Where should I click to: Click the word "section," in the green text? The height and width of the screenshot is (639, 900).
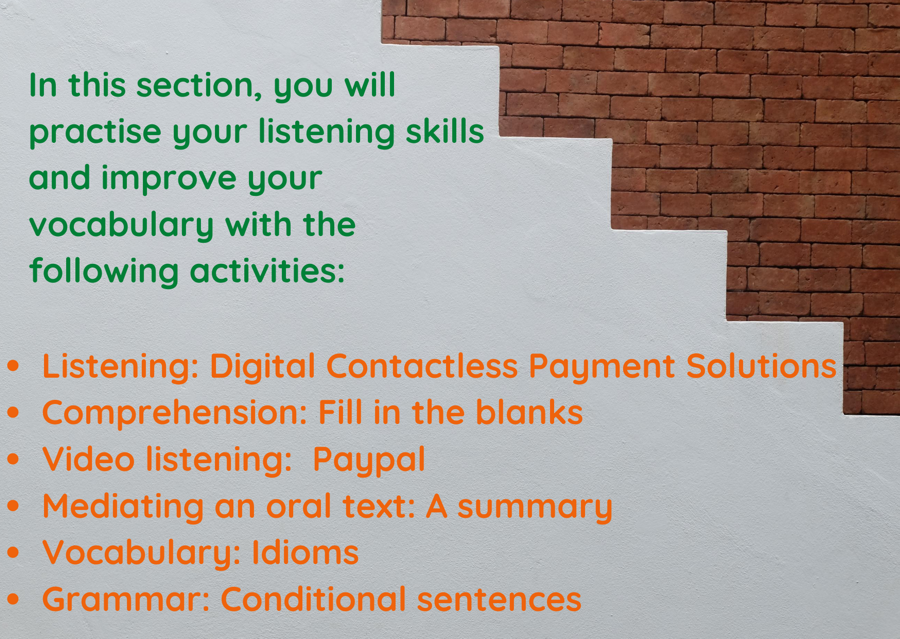[x=199, y=86]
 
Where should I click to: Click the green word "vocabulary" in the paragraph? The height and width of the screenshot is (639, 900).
[x=121, y=226]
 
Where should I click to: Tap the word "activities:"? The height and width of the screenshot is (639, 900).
[x=267, y=272]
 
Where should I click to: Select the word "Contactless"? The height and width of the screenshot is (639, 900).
[x=422, y=366]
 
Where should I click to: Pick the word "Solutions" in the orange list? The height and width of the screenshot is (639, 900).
[x=761, y=366]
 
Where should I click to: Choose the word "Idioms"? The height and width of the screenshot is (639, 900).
[x=305, y=552]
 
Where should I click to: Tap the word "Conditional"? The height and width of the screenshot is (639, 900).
[x=313, y=599]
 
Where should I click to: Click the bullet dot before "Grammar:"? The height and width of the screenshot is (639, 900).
[x=13, y=599]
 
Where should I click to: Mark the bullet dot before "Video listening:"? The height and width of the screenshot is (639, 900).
[x=13, y=459]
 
